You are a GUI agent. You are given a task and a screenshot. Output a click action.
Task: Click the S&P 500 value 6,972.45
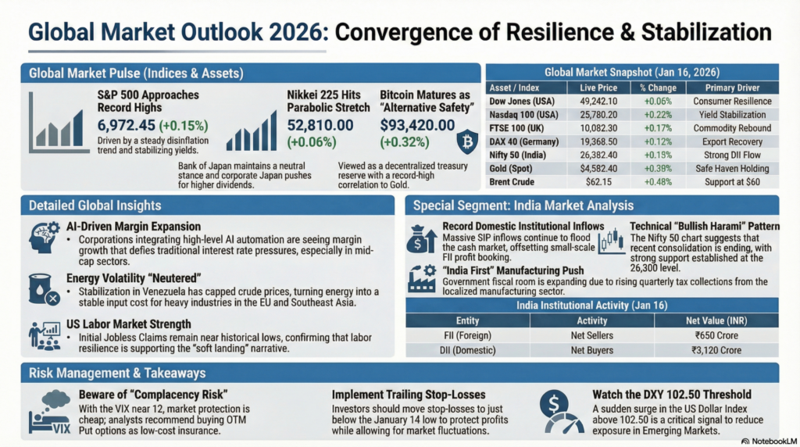126,125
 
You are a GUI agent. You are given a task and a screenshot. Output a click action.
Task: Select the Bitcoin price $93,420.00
417,125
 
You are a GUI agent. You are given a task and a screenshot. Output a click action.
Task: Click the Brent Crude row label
512,181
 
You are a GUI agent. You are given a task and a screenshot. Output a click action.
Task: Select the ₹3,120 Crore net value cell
716,349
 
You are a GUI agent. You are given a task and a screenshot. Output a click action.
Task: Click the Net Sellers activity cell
591,335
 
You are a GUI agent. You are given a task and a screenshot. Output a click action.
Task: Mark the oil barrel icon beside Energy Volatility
42,287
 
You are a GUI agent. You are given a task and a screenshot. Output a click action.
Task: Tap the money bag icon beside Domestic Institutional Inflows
421,239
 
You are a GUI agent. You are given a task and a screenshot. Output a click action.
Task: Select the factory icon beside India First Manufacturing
423,277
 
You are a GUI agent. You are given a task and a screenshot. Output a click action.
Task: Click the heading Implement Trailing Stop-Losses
409,395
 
